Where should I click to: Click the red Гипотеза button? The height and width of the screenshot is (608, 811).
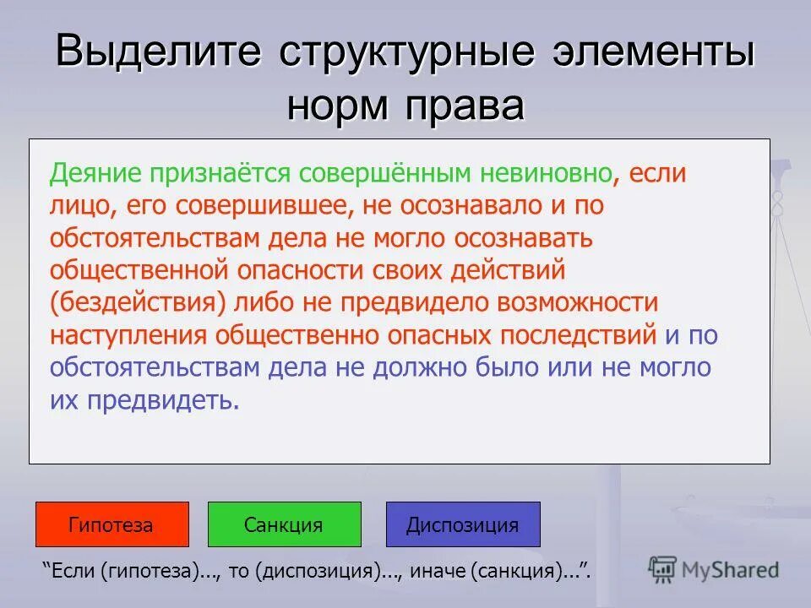pyautogui.click(x=112, y=524)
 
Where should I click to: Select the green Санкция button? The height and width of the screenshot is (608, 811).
pyautogui.click(x=284, y=524)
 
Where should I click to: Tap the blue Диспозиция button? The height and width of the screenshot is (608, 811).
pyautogui.click(x=462, y=524)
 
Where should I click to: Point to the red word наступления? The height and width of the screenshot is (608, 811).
pyautogui.click(x=128, y=334)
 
